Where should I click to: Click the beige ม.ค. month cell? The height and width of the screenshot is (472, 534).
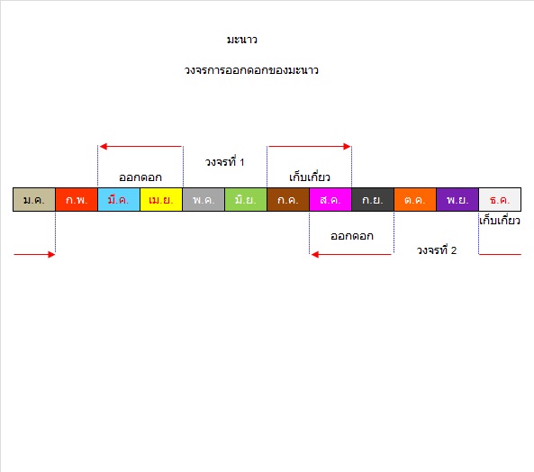click(x=34, y=200)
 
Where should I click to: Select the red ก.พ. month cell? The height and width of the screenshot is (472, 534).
click(x=77, y=200)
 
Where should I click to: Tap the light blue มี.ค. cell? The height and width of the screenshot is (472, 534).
click(x=119, y=200)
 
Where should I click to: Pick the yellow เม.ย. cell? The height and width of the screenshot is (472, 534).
click(x=161, y=200)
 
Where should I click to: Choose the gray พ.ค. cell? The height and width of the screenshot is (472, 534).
click(x=204, y=200)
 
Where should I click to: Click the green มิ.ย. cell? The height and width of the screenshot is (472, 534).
click(x=246, y=200)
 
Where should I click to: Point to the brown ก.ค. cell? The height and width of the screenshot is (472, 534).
click(x=288, y=200)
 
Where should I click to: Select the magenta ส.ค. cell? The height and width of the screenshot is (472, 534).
click(x=330, y=200)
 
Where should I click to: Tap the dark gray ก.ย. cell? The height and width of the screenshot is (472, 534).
click(x=373, y=200)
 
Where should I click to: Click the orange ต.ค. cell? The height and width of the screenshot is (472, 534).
click(x=415, y=200)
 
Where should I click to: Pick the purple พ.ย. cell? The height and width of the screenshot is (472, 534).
click(x=457, y=200)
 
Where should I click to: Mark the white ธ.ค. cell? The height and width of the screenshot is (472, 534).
click(x=500, y=200)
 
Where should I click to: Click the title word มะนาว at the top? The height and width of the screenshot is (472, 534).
click(x=242, y=40)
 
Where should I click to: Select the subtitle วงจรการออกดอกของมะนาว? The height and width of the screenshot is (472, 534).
click(x=251, y=70)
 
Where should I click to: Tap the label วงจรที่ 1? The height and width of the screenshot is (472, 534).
click(x=225, y=162)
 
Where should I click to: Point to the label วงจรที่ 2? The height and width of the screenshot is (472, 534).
click(x=437, y=250)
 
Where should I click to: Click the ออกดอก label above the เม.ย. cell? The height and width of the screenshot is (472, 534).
click(x=140, y=177)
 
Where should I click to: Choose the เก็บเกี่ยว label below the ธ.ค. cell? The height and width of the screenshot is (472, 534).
click(x=500, y=221)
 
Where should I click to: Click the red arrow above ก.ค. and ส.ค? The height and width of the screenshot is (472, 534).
click(x=310, y=147)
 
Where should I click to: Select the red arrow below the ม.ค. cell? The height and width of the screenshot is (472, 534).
click(x=34, y=254)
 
